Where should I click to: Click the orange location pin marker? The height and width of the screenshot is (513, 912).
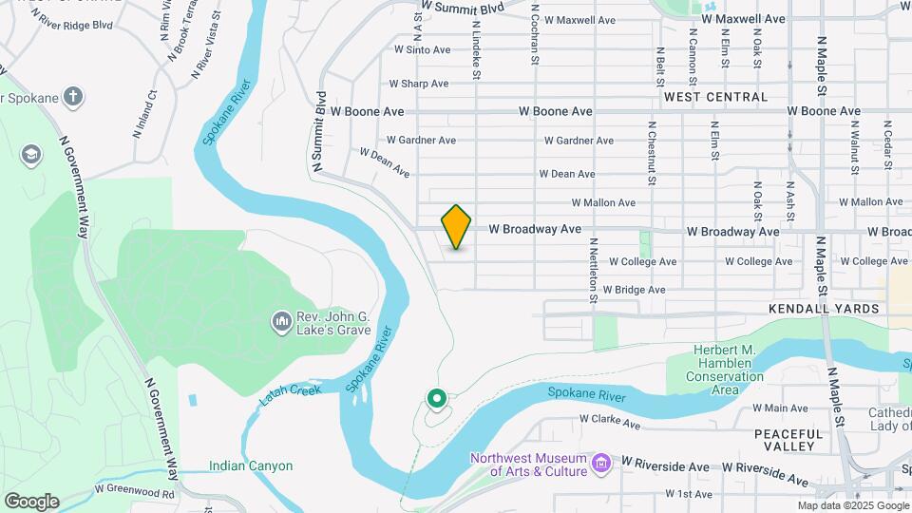click(457, 227)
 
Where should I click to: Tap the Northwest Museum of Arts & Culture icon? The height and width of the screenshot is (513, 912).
click(599, 464)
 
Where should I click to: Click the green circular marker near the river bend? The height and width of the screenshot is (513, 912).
click(437, 400)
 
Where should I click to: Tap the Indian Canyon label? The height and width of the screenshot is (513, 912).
click(251, 466)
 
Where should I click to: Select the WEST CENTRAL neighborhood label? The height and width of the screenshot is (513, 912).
click(715, 97)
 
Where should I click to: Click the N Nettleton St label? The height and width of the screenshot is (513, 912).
click(592, 271)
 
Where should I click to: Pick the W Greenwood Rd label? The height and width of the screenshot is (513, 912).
click(135, 492)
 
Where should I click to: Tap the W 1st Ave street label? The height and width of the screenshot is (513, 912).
click(689, 494)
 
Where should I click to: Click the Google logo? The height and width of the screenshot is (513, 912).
click(30, 502)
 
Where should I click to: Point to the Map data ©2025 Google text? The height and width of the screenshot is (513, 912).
click(853, 506)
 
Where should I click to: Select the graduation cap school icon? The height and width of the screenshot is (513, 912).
click(31, 154)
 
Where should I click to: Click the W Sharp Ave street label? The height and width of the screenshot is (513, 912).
click(419, 84)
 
